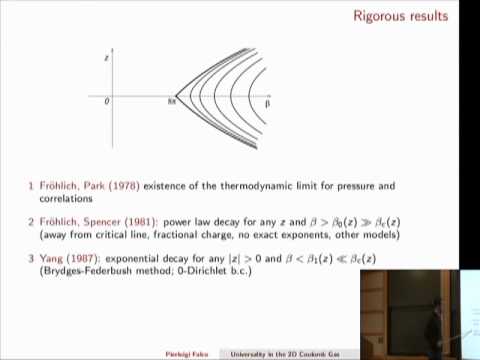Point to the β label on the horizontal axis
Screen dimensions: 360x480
(268, 103)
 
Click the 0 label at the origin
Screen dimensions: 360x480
(107, 102)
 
